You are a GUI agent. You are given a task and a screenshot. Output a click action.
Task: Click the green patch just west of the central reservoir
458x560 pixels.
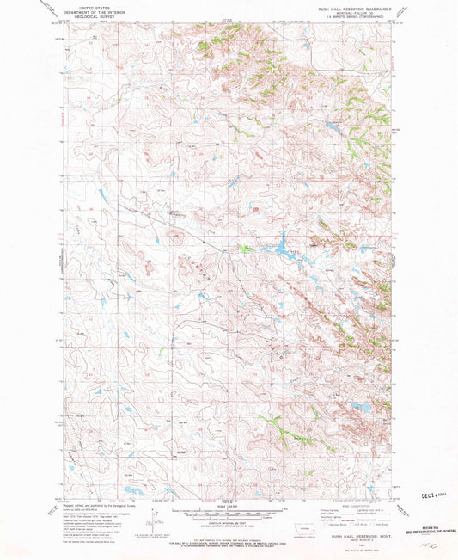click(247, 249)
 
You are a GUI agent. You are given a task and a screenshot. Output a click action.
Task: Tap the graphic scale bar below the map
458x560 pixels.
click(227, 515)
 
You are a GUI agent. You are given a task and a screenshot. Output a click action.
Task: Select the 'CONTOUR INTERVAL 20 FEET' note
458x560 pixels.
click(227, 524)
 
